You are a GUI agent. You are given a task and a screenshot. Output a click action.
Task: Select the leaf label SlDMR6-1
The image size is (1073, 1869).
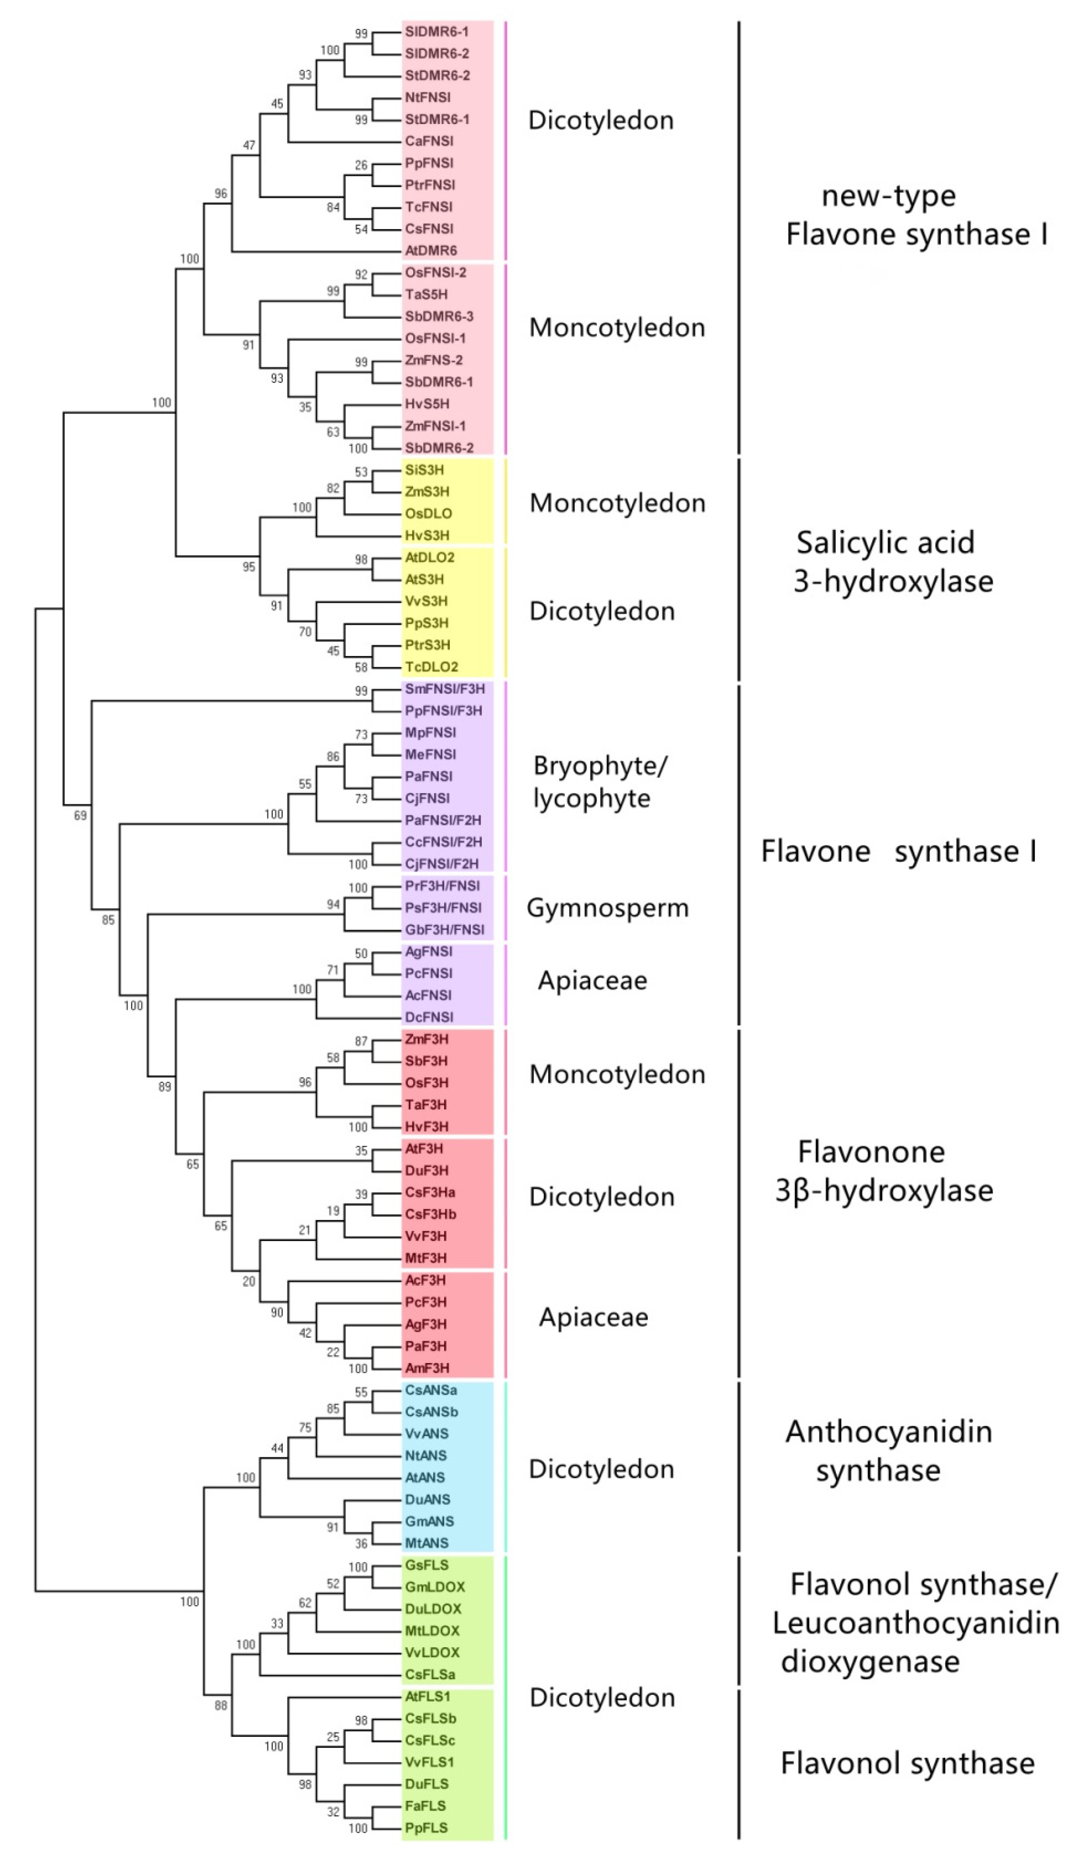(436, 32)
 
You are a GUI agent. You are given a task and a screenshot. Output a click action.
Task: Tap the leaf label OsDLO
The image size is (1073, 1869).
(428, 514)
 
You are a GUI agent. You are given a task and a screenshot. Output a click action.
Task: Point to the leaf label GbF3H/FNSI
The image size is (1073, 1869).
(444, 930)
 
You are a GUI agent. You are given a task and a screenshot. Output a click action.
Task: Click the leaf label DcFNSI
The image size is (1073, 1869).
(429, 1017)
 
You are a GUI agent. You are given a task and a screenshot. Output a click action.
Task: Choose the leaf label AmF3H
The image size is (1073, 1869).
(427, 1368)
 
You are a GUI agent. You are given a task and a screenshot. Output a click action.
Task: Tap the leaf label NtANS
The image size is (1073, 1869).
(426, 1456)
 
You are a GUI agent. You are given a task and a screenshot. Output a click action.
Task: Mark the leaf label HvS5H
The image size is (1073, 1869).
(427, 404)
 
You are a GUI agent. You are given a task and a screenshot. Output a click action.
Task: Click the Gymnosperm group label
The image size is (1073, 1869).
(607, 908)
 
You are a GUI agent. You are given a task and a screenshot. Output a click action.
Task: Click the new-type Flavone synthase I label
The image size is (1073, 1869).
(916, 215)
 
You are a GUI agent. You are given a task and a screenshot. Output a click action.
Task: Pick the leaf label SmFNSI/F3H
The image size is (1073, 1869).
(444, 689)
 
